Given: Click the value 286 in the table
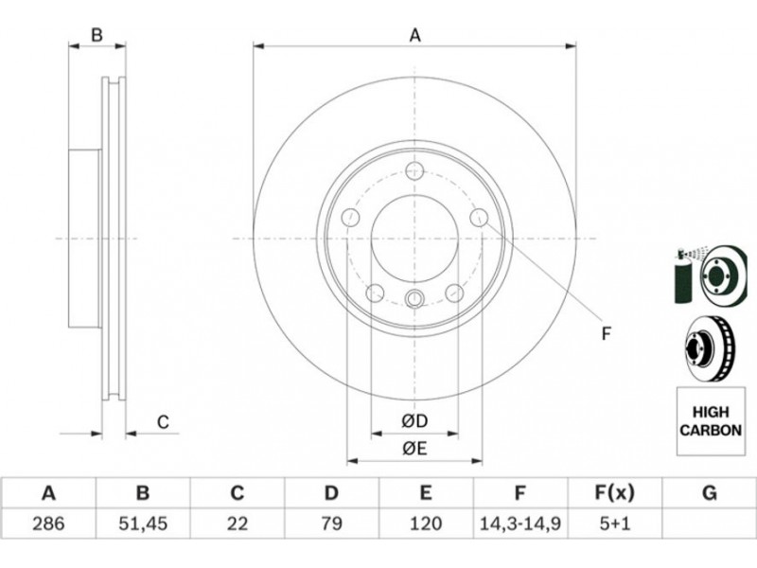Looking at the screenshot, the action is (48, 524).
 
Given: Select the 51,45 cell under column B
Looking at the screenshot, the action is (143, 524).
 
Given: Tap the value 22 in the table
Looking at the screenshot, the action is (238, 524).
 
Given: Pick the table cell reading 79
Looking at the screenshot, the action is (332, 524).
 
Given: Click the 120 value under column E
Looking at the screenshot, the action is (425, 524).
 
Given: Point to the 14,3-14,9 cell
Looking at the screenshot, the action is (519, 524).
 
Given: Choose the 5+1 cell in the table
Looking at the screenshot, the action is (614, 524).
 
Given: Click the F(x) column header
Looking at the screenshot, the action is (614, 493).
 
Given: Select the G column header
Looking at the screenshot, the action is (709, 493).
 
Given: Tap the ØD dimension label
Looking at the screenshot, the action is (414, 421).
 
